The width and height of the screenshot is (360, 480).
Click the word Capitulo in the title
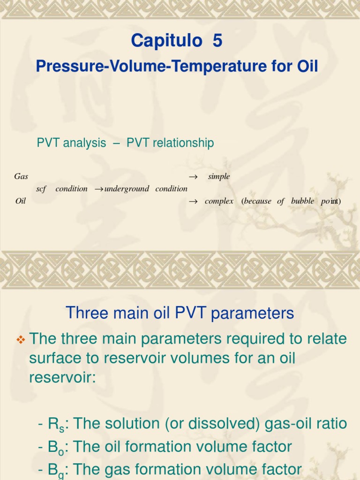[167, 41]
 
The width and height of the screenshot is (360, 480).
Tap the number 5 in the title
[217, 41]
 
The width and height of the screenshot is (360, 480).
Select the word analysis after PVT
[85, 143]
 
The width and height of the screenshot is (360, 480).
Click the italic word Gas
[21, 177]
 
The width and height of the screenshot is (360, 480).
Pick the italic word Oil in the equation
[20, 201]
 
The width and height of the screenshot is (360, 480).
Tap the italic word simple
[219, 177]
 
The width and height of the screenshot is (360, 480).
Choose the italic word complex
[219, 201]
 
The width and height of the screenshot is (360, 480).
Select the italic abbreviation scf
[41, 189]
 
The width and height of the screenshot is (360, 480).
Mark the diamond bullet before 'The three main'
[21, 338]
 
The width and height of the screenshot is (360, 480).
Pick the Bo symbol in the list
[57, 447]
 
